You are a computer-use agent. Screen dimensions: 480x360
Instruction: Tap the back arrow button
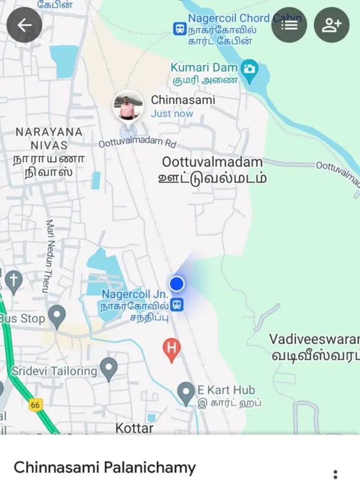pyautogui.click(x=24, y=25)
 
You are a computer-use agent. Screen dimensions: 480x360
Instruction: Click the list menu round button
pyautogui.click(x=289, y=25)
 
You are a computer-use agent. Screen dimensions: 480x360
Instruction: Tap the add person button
pyautogui.click(x=331, y=25)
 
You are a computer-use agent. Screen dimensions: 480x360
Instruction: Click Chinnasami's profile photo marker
pyautogui.click(x=128, y=106)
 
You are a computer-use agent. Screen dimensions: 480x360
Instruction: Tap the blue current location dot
pyautogui.click(x=177, y=284)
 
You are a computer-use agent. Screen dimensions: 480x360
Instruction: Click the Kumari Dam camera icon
pyautogui.click(x=249, y=69)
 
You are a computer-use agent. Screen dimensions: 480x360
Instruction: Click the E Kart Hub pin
pyautogui.click(x=186, y=392)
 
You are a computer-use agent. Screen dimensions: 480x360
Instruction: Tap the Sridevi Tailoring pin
pyautogui.click(x=109, y=369)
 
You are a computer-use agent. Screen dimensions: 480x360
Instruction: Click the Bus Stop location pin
pyautogui.click(x=57, y=316)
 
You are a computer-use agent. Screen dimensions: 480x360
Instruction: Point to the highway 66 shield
pyautogui.click(x=35, y=404)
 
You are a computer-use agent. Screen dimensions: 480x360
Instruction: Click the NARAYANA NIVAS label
pyautogui.click(x=49, y=138)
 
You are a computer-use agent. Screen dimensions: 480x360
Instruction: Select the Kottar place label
pyautogui.click(x=134, y=428)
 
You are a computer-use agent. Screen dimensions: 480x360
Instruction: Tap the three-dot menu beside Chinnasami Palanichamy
pyautogui.click(x=335, y=473)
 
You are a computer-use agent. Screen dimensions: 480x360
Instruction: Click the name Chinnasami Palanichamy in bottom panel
pyautogui.click(x=105, y=467)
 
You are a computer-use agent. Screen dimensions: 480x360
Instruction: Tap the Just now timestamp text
pyautogui.click(x=172, y=114)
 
